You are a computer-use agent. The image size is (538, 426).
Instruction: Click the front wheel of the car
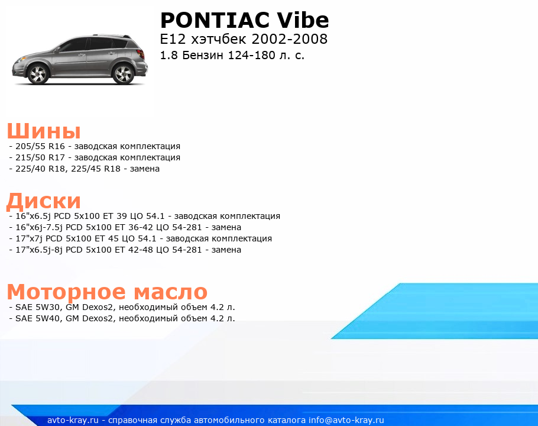tap(37, 74)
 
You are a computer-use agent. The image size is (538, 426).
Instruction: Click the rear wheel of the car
tap(123, 74)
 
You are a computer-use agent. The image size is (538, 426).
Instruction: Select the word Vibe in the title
tap(303, 20)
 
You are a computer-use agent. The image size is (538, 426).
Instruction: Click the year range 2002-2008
tap(290, 39)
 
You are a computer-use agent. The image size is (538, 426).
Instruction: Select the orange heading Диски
tap(44, 201)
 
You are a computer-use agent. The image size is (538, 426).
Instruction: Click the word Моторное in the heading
tap(67, 292)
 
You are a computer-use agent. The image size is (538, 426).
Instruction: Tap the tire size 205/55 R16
tap(40, 146)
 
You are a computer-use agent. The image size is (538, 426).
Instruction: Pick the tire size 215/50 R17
tap(40, 157)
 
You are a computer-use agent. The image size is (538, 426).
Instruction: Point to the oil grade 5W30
tap(48, 307)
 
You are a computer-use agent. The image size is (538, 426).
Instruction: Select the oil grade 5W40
tap(48, 318)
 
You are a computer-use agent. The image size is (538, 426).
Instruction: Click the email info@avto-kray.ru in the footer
tap(346, 420)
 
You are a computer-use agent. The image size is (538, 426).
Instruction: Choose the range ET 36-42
tap(134, 228)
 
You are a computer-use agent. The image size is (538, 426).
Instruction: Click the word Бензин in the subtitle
tap(203, 55)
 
